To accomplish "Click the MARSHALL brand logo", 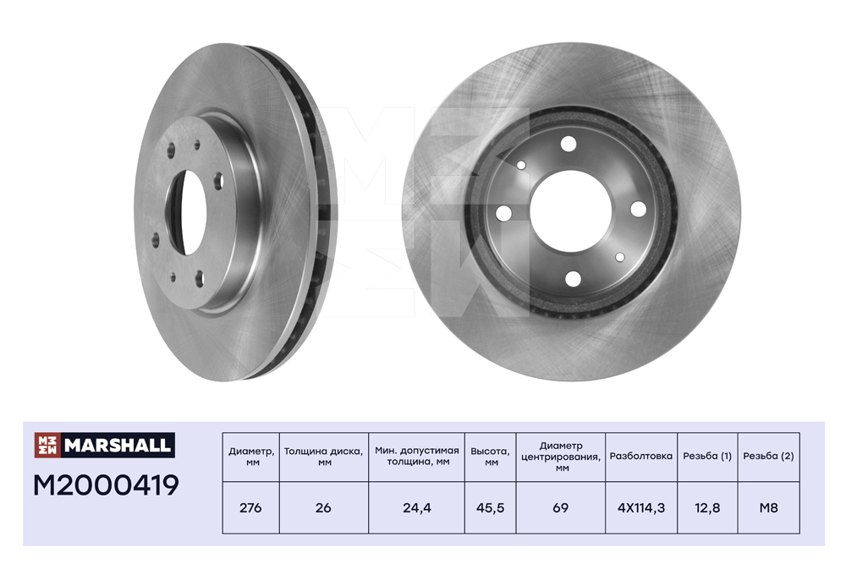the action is pos(105,445).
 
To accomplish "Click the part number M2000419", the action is pos(106,485).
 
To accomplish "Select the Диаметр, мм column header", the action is pos(251,456).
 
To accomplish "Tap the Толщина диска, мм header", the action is pos(324,456).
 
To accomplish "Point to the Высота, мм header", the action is pos(491,456).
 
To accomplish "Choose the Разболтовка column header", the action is pos(641,456).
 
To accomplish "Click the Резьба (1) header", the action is pos(707,456).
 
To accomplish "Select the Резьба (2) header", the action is pos(768,456).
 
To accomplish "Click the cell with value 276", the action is pos(251,508).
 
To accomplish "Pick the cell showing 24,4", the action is pos(416,508).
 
